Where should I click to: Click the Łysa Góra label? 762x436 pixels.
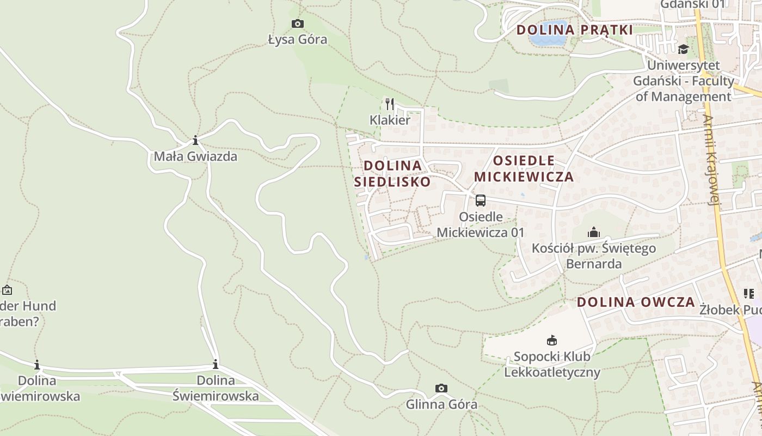(x=298, y=39)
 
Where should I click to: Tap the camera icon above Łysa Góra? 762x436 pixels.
(x=298, y=23)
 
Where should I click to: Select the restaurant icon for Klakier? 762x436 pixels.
(x=390, y=104)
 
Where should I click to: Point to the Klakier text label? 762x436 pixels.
(x=390, y=120)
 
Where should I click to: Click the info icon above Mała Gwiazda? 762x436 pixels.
(x=195, y=141)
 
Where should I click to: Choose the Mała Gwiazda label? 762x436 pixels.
(x=195, y=156)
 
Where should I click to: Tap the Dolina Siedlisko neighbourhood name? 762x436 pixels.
(x=392, y=173)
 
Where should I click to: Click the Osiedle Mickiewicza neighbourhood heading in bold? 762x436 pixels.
(x=524, y=168)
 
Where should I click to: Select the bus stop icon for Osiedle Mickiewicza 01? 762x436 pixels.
(x=481, y=200)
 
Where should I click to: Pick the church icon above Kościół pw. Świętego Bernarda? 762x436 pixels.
(x=594, y=233)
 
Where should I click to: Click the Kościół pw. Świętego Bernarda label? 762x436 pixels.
(x=594, y=256)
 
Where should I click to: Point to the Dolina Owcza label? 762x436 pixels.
(x=636, y=302)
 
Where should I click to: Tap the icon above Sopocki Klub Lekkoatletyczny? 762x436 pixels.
(x=552, y=341)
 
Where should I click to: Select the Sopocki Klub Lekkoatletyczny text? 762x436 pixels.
(x=552, y=365)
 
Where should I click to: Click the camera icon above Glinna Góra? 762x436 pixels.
(x=441, y=388)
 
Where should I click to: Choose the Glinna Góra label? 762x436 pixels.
(x=441, y=404)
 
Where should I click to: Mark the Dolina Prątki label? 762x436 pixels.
(x=575, y=30)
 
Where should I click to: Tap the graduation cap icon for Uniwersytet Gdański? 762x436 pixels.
(x=683, y=50)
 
